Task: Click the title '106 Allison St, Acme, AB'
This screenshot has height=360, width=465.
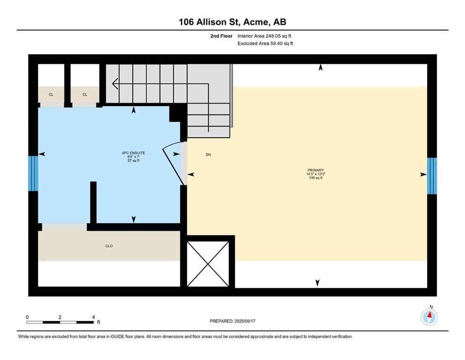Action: (x=232, y=22)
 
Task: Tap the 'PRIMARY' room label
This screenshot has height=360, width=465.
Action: (x=316, y=170)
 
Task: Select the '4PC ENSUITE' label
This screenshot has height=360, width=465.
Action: (x=133, y=153)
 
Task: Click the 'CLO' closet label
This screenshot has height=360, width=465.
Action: (x=109, y=246)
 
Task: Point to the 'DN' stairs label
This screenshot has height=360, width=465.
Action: (x=208, y=154)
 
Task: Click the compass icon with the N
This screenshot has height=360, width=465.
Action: (x=429, y=317)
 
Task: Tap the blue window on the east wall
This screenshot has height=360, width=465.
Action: (x=432, y=176)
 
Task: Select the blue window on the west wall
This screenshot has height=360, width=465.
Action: (x=33, y=173)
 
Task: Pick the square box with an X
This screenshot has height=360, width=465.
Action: (x=208, y=263)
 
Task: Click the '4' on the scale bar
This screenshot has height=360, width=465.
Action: (x=94, y=317)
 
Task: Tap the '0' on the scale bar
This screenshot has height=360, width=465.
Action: (x=27, y=317)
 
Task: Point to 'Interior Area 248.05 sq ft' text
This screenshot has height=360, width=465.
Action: (x=267, y=36)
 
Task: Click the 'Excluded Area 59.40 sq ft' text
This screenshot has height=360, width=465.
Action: (x=266, y=44)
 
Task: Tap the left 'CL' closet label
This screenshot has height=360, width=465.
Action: (x=51, y=95)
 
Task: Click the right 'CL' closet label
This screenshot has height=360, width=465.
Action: (x=85, y=95)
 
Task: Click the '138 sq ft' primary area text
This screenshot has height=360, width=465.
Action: (x=316, y=178)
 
